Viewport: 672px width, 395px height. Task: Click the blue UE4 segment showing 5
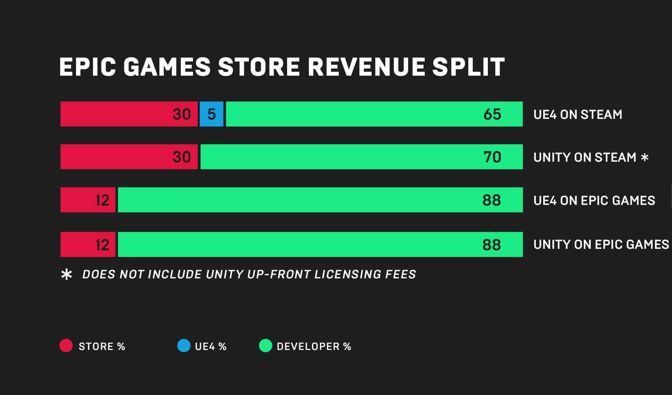click(x=211, y=114)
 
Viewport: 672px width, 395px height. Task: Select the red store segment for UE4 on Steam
click(x=129, y=114)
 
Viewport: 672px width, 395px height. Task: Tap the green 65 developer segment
click(x=374, y=114)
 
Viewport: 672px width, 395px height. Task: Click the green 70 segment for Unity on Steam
click(x=361, y=157)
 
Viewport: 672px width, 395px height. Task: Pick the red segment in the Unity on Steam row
click(x=129, y=157)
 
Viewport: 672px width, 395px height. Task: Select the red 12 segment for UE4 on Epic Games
click(x=88, y=200)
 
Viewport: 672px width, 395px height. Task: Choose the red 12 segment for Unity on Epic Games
click(x=88, y=244)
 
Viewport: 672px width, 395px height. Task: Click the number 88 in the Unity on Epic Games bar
click(x=492, y=245)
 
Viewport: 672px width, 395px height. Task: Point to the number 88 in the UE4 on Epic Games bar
click(x=492, y=200)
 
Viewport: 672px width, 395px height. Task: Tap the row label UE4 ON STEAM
click(x=578, y=114)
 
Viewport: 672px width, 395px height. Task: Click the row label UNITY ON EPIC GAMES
click(x=601, y=244)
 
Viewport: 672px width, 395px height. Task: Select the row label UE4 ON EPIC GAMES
click(x=594, y=200)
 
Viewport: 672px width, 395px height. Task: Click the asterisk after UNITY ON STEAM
click(x=645, y=158)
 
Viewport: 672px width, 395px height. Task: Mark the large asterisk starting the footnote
click(x=66, y=274)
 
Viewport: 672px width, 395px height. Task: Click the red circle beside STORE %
click(x=66, y=346)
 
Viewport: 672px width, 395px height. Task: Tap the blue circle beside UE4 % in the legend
click(x=184, y=346)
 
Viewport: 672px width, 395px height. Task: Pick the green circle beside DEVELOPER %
click(x=266, y=346)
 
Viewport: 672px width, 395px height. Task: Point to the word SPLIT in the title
click(x=468, y=67)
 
